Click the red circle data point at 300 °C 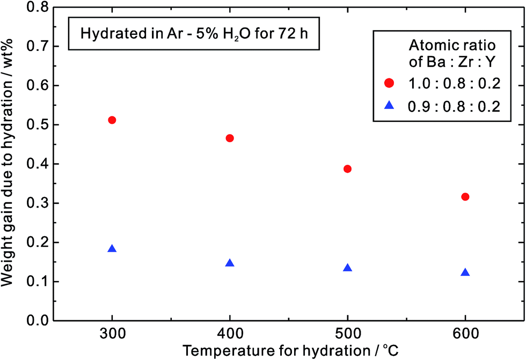click(112, 120)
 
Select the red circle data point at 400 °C click(230, 138)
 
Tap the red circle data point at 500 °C click(347, 169)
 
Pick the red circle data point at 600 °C click(465, 197)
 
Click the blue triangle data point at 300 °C click(112, 249)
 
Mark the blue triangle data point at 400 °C click(230, 263)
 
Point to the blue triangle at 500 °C click(347, 268)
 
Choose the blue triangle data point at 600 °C click(465, 273)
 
